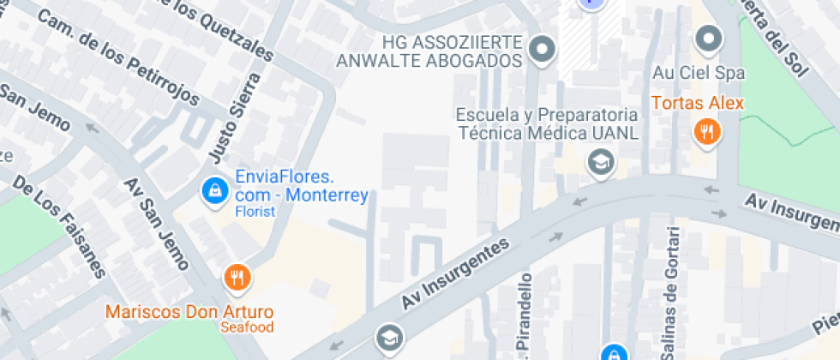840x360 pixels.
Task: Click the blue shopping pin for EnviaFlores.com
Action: tap(213, 190)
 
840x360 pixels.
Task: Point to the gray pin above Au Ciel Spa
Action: tap(708, 39)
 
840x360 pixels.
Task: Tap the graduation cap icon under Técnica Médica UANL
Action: tap(600, 161)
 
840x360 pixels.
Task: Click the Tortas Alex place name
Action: tap(697, 104)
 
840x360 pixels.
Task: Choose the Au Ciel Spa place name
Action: tap(698, 73)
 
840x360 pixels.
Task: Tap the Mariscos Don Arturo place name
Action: tap(189, 310)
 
